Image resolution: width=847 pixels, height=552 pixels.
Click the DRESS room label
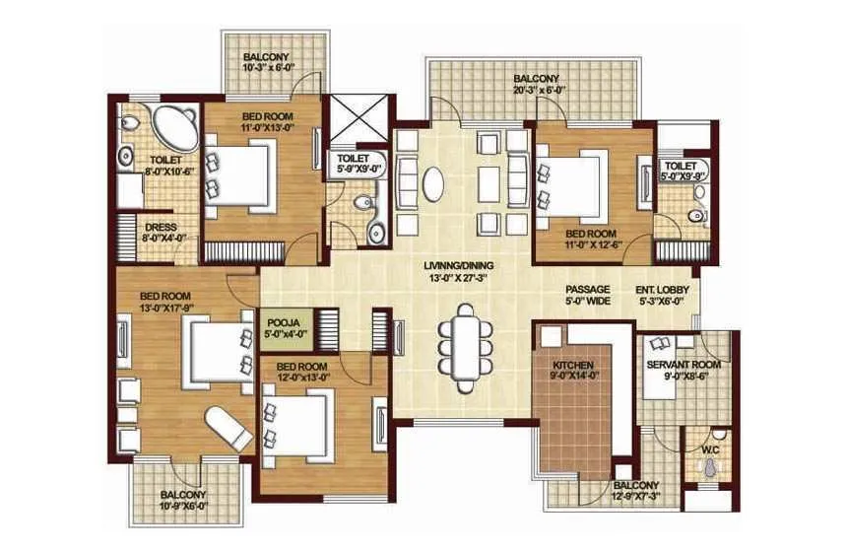pyautogui.click(x=161, y=232)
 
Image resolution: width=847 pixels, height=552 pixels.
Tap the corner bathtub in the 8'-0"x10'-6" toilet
pyautogui.click(x=172, y=126)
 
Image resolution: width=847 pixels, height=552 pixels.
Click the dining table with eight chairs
pyautogui.click(x=464, y=340)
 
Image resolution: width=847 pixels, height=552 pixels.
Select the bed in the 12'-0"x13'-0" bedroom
pyautogui.click(x=301, y=424)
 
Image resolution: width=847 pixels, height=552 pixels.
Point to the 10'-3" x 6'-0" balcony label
pyautogui.click(x=267, y=63)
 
